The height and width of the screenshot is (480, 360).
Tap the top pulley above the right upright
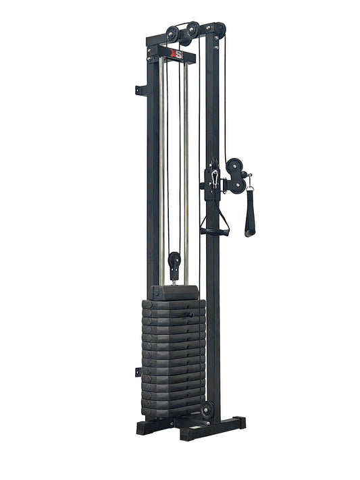tap(218, 29)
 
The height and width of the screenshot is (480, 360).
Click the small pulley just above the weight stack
tap(175, 260)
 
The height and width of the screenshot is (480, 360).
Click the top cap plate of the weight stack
tap(174, 292)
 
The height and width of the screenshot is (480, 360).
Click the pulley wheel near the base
tap(207, 409)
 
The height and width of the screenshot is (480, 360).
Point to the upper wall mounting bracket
tap(140, 88)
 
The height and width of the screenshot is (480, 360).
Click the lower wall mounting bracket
tap(138, 371)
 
